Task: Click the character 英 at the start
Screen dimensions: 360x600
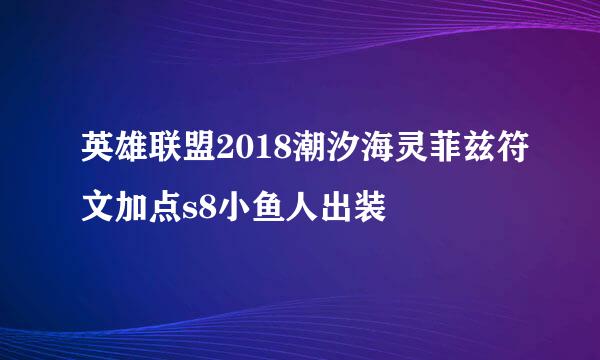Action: click(x=99, y=156)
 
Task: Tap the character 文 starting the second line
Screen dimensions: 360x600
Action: click(x=99, y=208)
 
